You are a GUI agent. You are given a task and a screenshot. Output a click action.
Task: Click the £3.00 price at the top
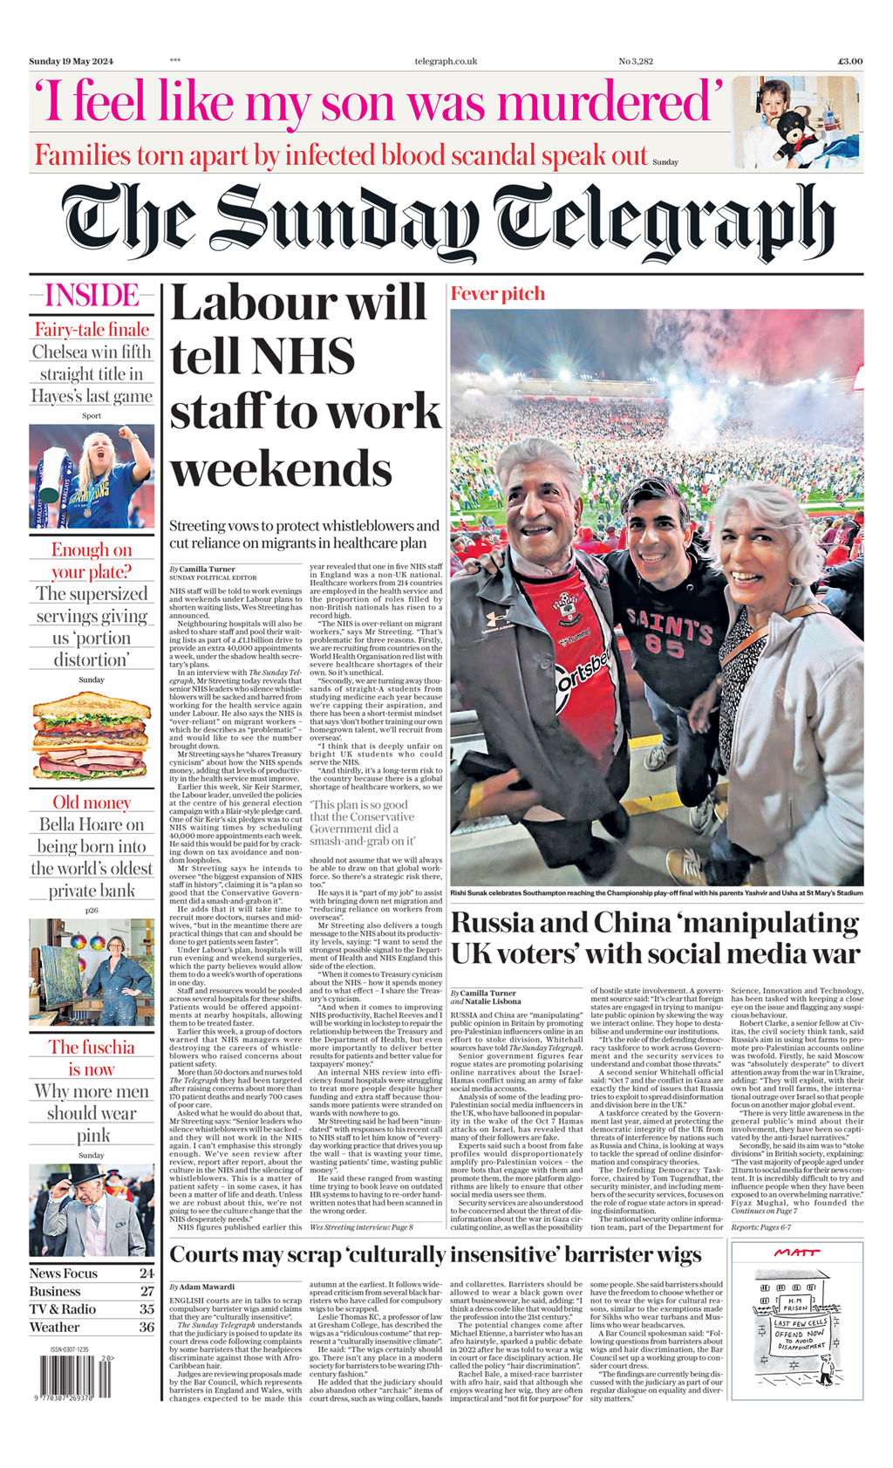click(849, 61)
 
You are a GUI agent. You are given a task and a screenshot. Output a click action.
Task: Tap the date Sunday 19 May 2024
click(72, 61)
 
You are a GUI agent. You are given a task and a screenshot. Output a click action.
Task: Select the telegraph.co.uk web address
click(446, 61)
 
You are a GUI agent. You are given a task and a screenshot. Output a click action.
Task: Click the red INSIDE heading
click(92, 296)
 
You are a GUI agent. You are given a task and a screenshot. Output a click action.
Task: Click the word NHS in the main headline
click(262, 358)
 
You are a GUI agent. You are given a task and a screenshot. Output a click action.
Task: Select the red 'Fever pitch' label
click(497, 294)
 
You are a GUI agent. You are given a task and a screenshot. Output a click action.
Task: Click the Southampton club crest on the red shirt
click(567, 609)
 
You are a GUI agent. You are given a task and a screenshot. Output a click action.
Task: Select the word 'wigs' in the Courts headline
click(671, 1254)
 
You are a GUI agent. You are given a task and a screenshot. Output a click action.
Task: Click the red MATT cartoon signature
click(797, 1253)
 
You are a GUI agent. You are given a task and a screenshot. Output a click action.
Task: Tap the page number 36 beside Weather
click(147, 1327)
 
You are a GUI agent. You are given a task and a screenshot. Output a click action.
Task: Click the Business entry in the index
click(55, 1291)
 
